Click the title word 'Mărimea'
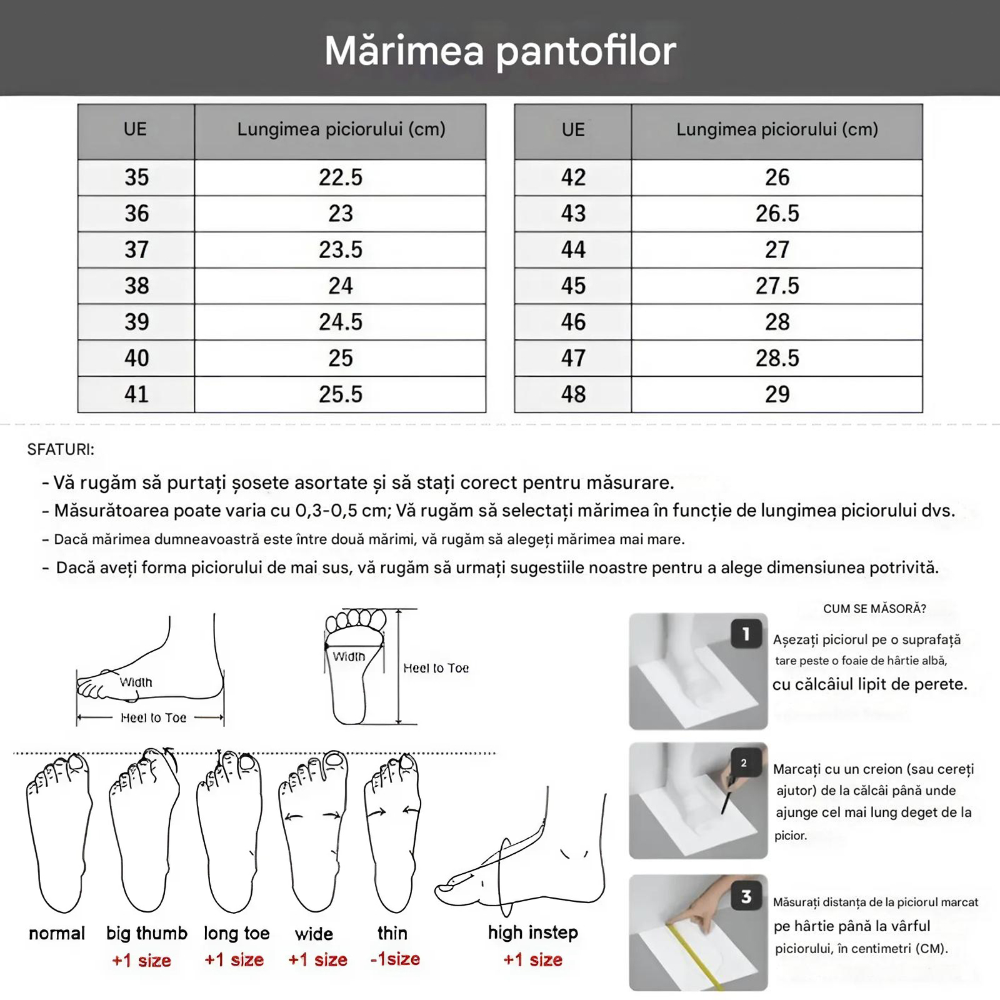(x=404, y=51)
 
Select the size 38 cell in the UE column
(x=136, y=286)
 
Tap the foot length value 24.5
(x=340, y=322)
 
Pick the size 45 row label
(x=572, y=286)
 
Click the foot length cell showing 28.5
(x=777, y=358)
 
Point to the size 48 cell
(x=572, y=394)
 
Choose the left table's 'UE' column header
(x=135, y=129)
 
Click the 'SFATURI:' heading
(x=61, y=449)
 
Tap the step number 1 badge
(x=746, y=634)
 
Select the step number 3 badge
(x=746, y=897)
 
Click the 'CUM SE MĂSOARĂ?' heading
(x=874, y=609)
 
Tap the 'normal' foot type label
(x=57, y=933)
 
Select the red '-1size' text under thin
(x=394, y=959)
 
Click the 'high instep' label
(x=532, y=932)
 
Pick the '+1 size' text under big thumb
(x=141, y=960)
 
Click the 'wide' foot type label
(x=314, y=934)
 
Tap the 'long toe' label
(x=236, y=933)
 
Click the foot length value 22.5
(x=340, y=177)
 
